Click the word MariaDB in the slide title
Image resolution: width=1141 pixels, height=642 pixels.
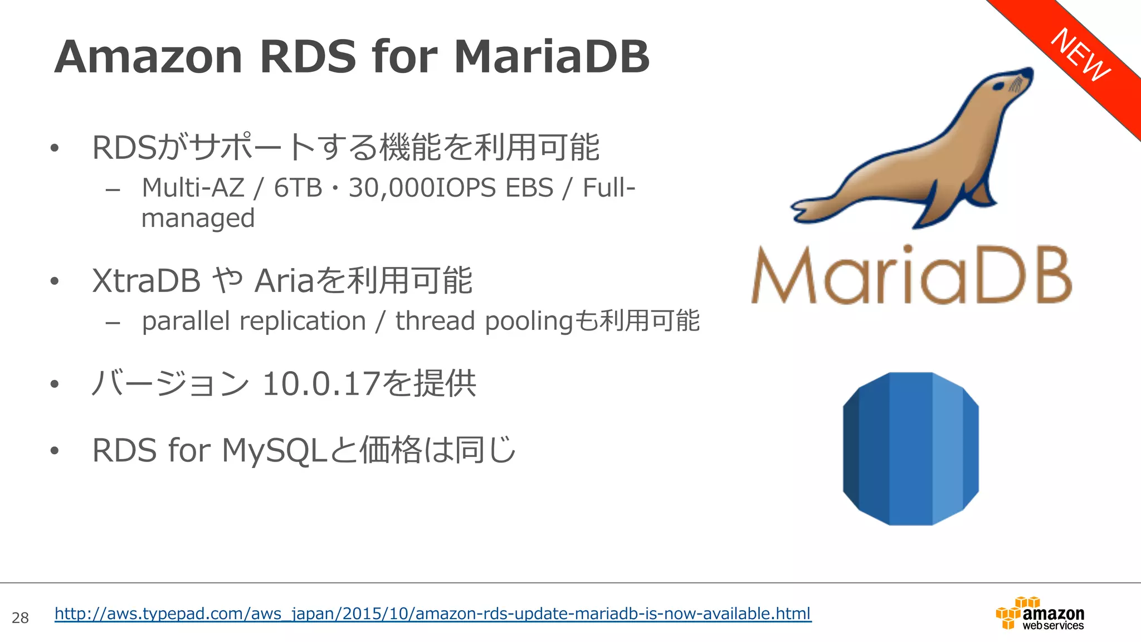coord(552,57)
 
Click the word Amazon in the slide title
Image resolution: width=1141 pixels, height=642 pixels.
coord(148,57)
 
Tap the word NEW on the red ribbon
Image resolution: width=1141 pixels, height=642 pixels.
coord(1080,55)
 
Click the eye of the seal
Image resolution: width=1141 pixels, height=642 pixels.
coord(1000,86)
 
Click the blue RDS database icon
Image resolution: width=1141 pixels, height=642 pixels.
coord(910,449)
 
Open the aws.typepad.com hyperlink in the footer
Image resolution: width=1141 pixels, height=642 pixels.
coord(432,614)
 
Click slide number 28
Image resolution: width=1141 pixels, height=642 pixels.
coord(20,617)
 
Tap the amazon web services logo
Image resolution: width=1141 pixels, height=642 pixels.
coord(1040,614)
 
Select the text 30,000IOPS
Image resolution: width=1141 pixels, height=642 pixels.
coord(422,188)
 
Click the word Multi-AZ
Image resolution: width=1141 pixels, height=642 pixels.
coord(193,188)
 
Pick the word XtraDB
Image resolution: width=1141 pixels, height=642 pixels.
coord(146,280)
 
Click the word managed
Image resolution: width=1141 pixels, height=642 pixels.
coord(198,218)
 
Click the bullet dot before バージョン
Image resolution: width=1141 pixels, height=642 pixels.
coord(54,384)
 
